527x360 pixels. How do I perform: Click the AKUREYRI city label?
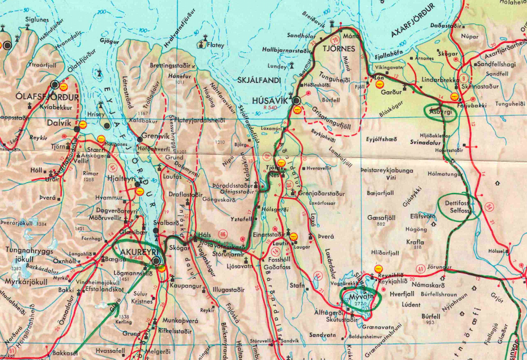[x=135, y=252]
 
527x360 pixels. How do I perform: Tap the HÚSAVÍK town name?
[x=270, y=100]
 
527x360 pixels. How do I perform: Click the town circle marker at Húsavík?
[x=297, y=101]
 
